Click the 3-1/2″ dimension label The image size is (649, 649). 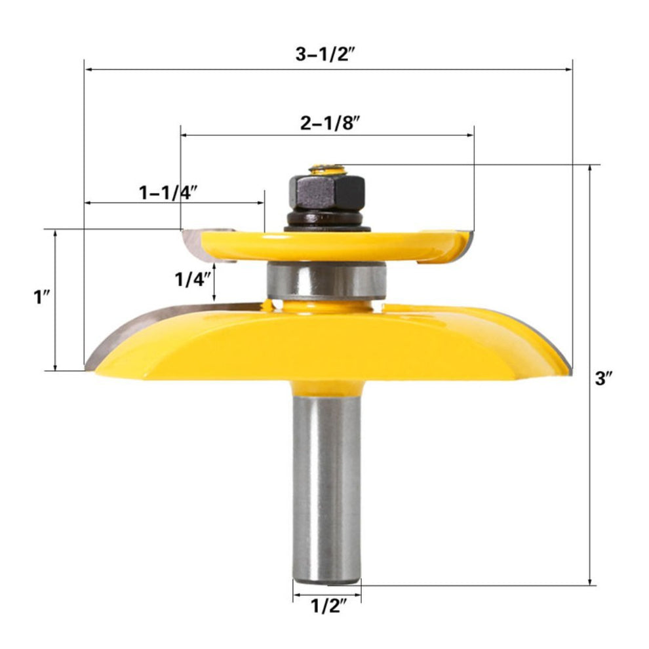point(325,54)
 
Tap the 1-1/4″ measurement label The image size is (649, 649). point(168,192)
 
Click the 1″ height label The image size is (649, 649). point(42,298)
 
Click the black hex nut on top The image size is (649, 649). point(324,192)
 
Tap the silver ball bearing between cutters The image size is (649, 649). point(325,280)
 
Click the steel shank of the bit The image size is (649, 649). point(326,485)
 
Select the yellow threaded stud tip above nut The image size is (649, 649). point(325,169)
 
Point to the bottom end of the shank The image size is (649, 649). point(326,580)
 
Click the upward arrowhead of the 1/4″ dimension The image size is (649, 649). point(212,267)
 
